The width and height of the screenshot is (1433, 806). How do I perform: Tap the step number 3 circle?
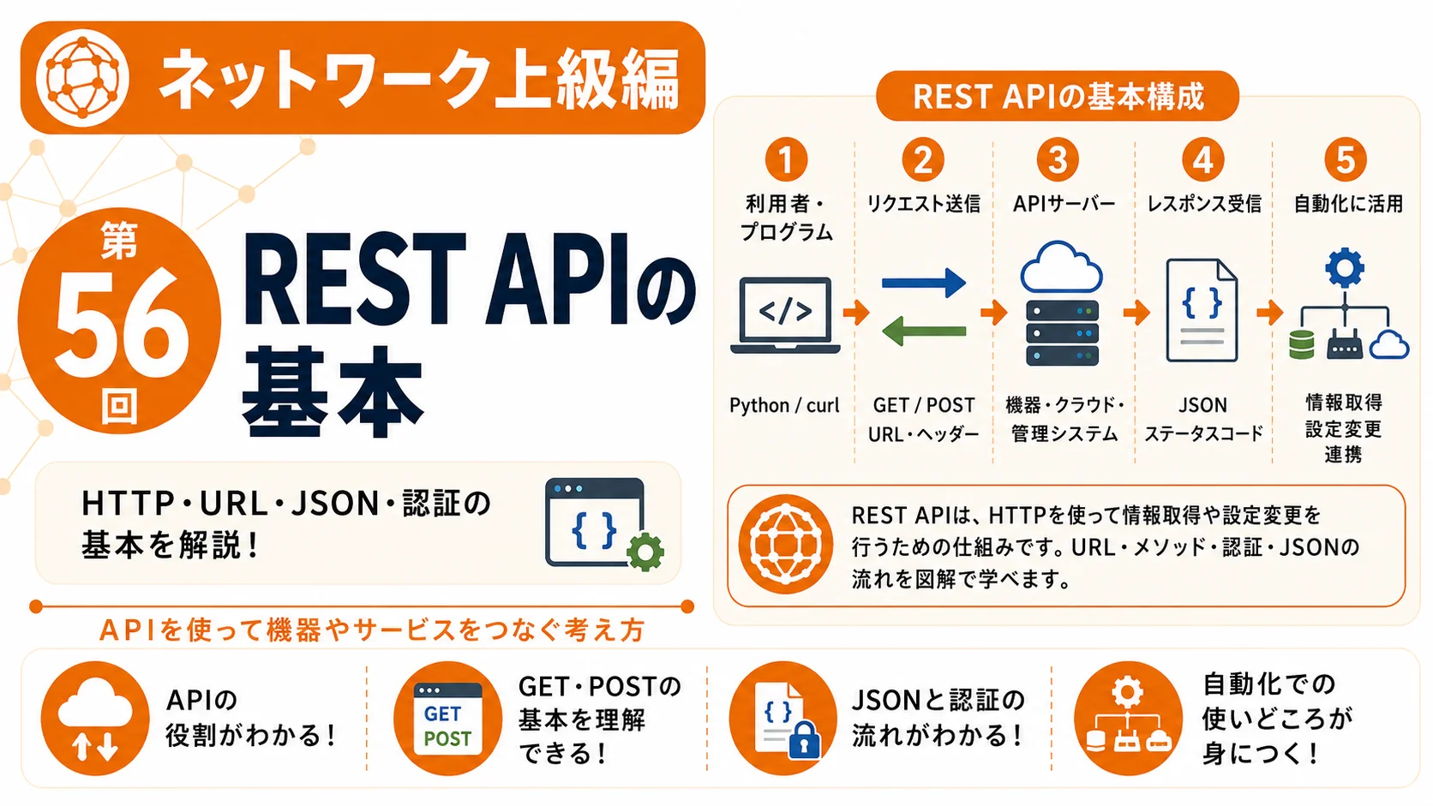click(x=1058, y=159)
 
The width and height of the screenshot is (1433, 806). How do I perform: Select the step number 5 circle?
click(x=1346, y=159)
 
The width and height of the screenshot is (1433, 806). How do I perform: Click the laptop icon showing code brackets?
click(x=785, y=315)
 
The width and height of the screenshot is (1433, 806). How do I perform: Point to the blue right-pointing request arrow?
click(x=924, y=283)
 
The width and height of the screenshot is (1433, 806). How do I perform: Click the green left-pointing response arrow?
click(x=924, y=331)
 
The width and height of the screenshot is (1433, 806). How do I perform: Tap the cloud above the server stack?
click(x=1061, y=266)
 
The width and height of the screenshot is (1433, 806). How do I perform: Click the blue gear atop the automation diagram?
click(x=1345, y=268)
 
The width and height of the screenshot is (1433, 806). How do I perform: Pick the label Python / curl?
click(x=784, y=405)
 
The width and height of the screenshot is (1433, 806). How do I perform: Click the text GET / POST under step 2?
click(x=924, y=405)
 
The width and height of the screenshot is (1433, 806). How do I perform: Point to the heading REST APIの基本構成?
click(x=1058, y=97)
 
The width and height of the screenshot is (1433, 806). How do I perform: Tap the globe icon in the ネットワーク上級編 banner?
click(x=82, y=78)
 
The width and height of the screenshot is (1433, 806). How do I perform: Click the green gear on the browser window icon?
click(x=645, y=552)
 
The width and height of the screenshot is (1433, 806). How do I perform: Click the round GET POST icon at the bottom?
click(x=447, y=719)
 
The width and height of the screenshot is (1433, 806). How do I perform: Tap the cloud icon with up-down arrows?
click(x=94, y=719)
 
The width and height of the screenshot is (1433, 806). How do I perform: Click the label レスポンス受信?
click(x=1204, y=204)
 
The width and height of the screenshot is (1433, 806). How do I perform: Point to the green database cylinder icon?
click(x=1302, y=344)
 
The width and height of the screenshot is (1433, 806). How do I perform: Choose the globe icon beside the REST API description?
click(x=786, y=546)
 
